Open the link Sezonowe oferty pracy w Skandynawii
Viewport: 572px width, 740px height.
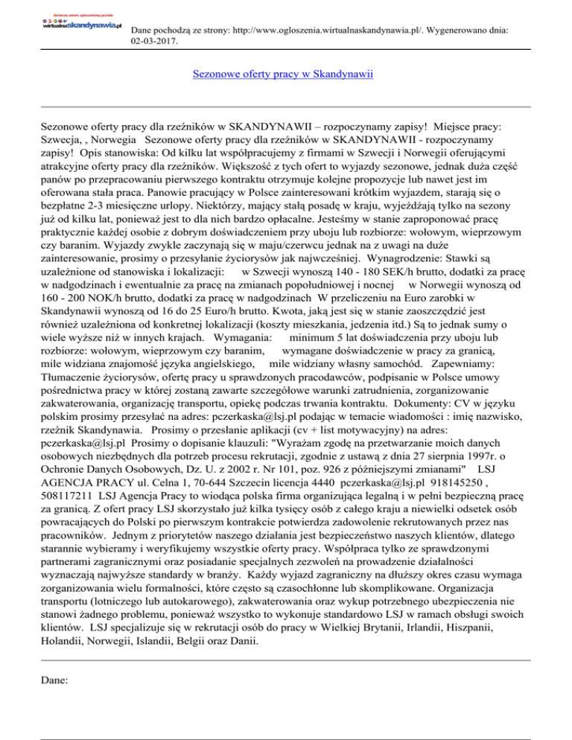[x=283, y=74]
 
